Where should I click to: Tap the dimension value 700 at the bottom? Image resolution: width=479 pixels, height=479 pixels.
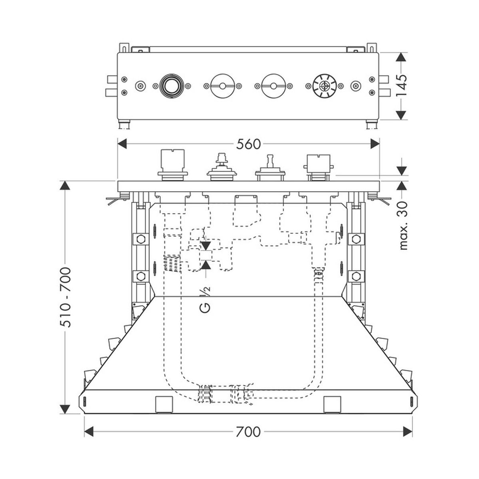[248, 431]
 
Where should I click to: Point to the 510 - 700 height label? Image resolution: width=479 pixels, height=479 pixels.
[65, 297]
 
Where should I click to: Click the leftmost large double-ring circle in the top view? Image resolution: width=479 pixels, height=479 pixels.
[171, 86]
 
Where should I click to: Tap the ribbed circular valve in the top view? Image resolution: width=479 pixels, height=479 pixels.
[325, 86]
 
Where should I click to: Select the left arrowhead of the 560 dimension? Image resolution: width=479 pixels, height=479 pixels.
[122, 144]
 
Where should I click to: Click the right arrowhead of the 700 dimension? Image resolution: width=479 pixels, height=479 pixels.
[408, 431]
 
